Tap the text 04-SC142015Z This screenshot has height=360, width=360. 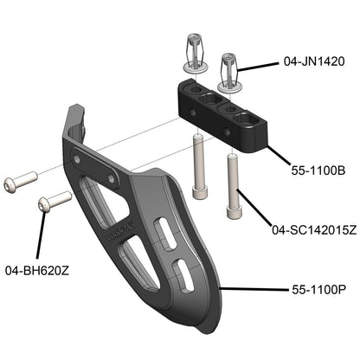(x=313, y=230)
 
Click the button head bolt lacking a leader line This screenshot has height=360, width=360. (x=20, y=183)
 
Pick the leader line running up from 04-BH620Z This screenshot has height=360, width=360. (x=42, y=234)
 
